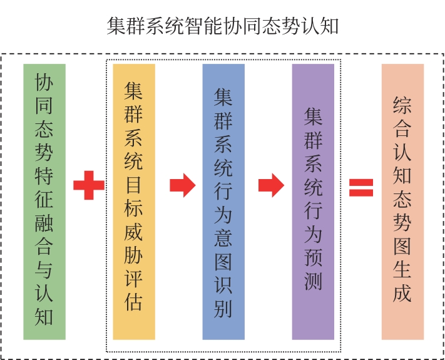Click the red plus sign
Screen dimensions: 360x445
(88, 186)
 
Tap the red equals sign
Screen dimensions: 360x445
(361, 187)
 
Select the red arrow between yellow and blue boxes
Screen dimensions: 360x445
(182, 185)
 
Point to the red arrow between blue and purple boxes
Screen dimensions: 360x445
(271, 185)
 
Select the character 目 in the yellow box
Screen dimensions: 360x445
(134, 185)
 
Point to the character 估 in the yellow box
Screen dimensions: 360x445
(134, 302)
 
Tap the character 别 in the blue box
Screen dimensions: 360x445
(223, 308)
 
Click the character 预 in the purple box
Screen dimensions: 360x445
(313, 259)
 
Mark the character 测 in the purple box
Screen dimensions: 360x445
(313, 282)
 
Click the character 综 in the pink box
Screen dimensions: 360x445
(402, 105)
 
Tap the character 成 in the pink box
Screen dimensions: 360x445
(402, 293)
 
